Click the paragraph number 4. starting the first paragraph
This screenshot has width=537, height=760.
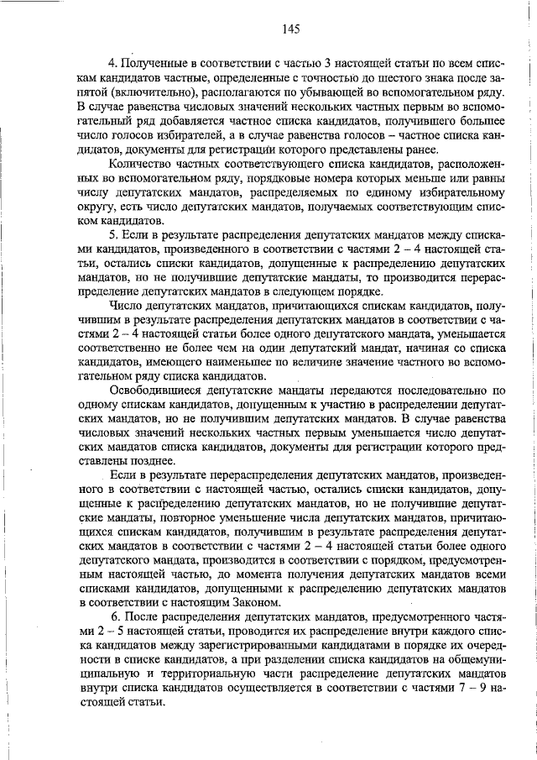pos(115,64)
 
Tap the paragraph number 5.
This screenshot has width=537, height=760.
pos(115,231)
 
